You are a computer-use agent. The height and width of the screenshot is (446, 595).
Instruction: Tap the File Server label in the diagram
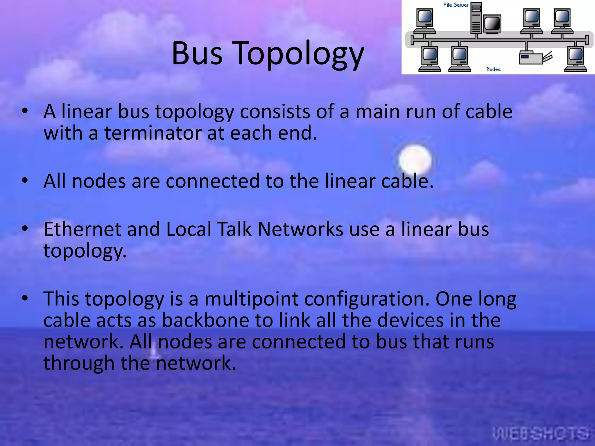[x=456, y=5]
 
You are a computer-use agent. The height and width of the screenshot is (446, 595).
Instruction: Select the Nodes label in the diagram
[x=493, y=69]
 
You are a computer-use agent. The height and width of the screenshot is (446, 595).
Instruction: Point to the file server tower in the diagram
[x=476, y=18]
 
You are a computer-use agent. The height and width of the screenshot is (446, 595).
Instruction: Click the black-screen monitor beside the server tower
[x=492, y=24]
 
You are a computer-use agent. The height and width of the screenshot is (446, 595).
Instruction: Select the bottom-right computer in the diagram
[x=576, y=59]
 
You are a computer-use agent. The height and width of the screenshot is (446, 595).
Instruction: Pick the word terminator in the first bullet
[x=153, y=133]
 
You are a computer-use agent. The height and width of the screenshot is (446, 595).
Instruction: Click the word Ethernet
[x=82, y=229]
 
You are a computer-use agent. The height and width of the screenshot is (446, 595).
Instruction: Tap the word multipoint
[x=252, y=299]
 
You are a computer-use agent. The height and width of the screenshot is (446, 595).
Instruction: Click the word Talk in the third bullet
[x=234, y=229]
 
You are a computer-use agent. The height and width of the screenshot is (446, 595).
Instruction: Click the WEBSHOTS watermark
[x=541, y=434]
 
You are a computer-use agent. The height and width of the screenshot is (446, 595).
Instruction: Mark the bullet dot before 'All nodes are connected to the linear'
[x=25, y=180]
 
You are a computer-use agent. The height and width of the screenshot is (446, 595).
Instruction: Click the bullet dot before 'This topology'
[x=25, y=298]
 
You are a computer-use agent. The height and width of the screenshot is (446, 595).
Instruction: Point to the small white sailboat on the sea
[x=154, y=351]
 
